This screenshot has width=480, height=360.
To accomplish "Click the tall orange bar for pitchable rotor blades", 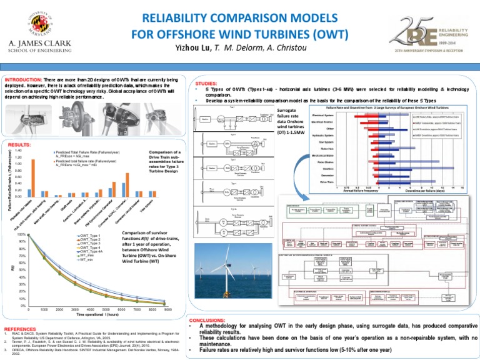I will click(33, 177).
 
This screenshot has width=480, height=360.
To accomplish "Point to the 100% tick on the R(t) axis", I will click(21, 234).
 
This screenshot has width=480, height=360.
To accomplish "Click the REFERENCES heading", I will click(20, 328).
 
